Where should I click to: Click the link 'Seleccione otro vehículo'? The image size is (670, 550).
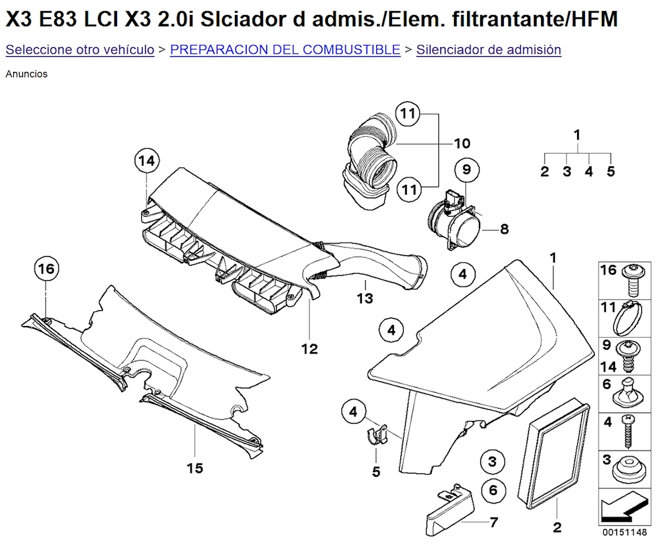(80, 50)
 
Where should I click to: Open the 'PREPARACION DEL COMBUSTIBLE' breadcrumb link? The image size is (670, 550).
(285, 50)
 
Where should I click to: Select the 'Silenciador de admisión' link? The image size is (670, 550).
(488, 50)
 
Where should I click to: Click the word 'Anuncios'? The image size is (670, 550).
(26, 74)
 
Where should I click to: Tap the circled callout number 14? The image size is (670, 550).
(147, 160)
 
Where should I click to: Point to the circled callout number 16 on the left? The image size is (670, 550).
(46, 268)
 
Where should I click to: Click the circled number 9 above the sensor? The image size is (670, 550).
(466, 170)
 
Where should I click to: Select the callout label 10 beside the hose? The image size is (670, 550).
(462, 143)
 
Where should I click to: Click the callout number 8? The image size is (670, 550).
(504, 229)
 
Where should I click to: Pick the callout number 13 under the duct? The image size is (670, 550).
(364, 299)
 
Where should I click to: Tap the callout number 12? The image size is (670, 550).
(309, 349)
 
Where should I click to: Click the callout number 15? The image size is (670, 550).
(194, 468)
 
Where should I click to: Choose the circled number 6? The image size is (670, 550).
(493, 490)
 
